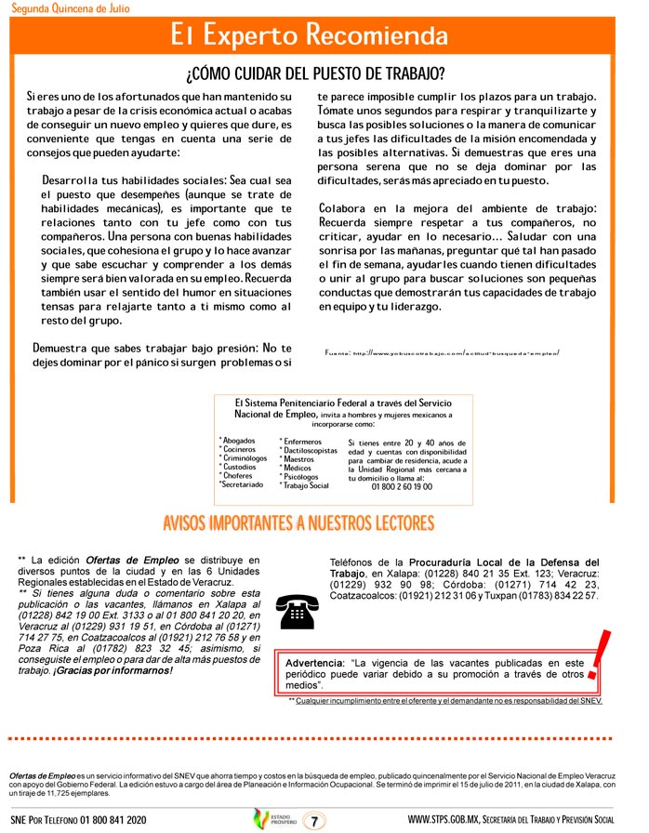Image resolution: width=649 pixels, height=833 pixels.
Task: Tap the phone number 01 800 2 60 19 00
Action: pos(402,486)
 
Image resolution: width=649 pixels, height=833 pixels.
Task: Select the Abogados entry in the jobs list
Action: pos(238,441)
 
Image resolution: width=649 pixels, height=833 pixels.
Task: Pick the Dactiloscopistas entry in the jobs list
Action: pos(309,451)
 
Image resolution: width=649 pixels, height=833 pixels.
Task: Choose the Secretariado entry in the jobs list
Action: pos(244,485)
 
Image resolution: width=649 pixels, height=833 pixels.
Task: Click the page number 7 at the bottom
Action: pos(317,821)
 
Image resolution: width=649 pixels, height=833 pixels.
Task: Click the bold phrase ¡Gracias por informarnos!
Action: pos(119,670)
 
